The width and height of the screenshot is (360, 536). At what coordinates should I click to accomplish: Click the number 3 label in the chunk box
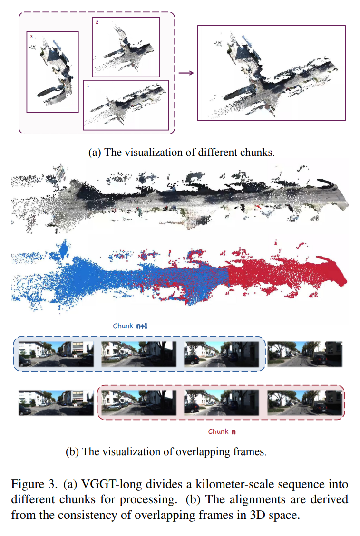(31, 36)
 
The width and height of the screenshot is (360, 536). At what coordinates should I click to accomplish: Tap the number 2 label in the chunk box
(97, 22)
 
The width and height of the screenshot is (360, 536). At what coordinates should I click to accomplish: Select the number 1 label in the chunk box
(88, 86)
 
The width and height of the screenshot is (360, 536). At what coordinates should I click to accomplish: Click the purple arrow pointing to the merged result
(186, 73)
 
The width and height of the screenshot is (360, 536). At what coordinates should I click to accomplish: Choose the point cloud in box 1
(126, 104)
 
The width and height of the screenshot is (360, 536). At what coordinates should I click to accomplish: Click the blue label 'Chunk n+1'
(130, 326)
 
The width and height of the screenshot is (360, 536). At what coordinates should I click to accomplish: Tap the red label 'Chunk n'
(222, 431)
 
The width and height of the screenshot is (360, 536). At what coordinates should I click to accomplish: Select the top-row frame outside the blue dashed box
(304, 354)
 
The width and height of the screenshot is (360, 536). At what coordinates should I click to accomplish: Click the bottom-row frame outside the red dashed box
(56, 402)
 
